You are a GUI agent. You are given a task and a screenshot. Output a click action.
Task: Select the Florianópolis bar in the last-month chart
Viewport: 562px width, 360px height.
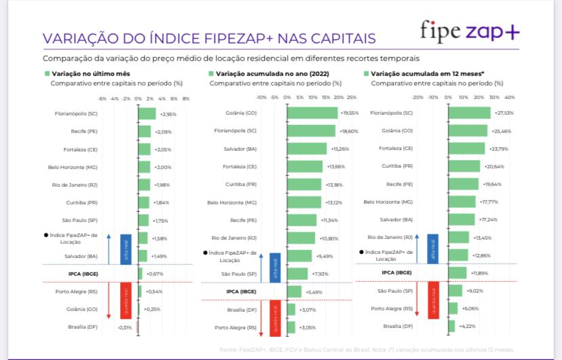[x=147, y=114]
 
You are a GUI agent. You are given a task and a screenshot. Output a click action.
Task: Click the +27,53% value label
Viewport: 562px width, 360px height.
[x=504, y=113]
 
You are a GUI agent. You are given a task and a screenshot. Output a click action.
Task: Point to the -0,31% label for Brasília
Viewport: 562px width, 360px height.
[x=125, y=327]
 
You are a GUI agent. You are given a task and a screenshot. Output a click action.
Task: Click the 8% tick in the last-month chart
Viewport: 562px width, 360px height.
[x=186, y=98]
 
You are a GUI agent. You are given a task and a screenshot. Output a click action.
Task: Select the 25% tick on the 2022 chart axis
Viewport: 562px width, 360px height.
[x=352, y=98]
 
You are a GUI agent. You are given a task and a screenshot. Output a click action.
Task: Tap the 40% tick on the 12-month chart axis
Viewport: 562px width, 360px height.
[x=510, y=98]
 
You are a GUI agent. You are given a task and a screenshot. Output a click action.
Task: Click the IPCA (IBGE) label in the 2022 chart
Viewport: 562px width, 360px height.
[x=241, y=291]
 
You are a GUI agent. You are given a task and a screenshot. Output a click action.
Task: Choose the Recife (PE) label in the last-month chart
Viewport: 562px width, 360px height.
[x=84, y=131]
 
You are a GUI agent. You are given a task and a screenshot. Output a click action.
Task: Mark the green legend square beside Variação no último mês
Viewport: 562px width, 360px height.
[x=47, y=73]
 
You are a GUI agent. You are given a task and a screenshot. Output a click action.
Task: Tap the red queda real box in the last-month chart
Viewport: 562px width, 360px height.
[x=126, y=299]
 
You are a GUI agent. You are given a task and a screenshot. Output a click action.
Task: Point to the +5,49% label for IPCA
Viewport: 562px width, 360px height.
[x=314, y=291]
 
